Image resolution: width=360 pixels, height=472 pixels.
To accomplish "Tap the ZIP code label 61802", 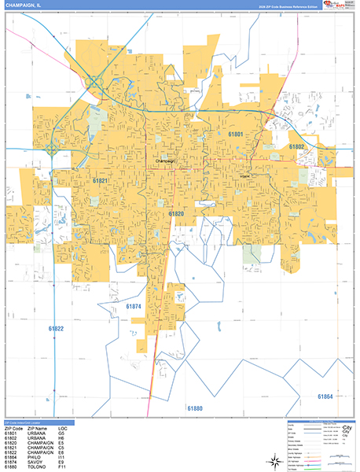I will coord(297,147).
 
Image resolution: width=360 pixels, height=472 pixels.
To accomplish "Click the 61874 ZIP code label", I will coord(134,305).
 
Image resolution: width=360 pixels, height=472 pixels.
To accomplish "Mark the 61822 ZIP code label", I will coord(56,327).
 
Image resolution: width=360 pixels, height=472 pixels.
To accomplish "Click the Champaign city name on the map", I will coord(164,160).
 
